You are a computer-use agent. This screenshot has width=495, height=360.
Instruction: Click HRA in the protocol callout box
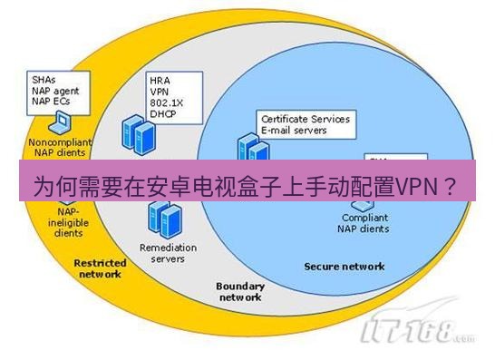pyautogui.click(x=160, y=81)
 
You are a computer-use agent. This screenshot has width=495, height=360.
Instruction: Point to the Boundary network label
pyautogui.click(x=240, y=291)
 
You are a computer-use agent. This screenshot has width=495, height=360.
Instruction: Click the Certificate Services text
pyautogui.click(x=305, y=119)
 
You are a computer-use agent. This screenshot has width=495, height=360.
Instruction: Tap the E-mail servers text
pyautogui.click(x=296, y=130)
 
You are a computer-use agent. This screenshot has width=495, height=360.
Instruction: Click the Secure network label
pyautogui.click(x=345, y=267)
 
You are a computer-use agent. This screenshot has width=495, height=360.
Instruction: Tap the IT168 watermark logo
pyautogui.click(x=419, y=334)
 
